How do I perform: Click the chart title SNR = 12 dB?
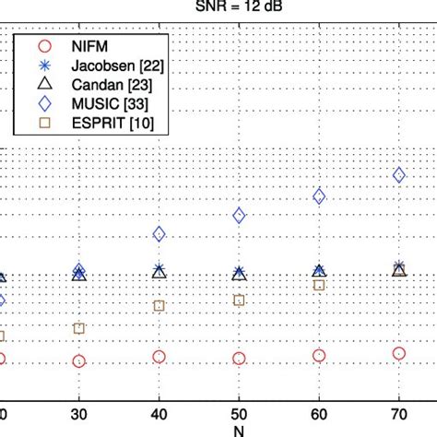218,6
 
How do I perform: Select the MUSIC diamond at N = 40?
159,234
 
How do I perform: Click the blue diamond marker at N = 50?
239,216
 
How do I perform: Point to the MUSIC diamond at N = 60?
319,196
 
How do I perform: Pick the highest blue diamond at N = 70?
399,175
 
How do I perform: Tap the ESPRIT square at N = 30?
78,328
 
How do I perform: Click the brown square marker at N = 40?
159,305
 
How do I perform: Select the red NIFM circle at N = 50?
239,359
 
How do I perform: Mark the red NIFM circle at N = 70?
399,353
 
